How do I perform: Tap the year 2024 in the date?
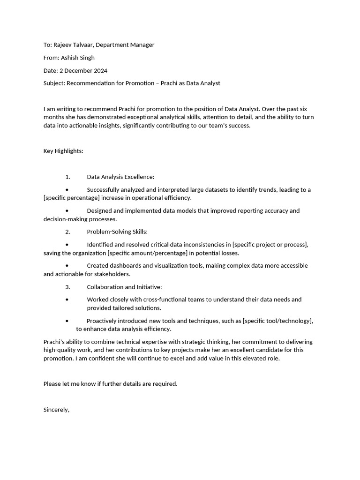click(100, 71)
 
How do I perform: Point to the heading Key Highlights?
click(63, 151)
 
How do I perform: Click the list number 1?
click(67, 177)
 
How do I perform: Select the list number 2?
click(67, 232)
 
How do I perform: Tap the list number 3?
click(67, 287)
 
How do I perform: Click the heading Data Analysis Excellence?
click(120, 177)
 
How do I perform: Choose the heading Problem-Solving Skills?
click(117, 232)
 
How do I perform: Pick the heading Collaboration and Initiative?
click(124, 287)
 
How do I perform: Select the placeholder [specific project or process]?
click(270, 245)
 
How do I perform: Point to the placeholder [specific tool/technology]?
click(277, 321)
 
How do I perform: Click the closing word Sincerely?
click(56, 410)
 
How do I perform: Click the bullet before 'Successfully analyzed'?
click(67, 190)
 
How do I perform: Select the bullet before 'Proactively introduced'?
click(67, 321)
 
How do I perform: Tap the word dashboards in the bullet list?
click(126, 266)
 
